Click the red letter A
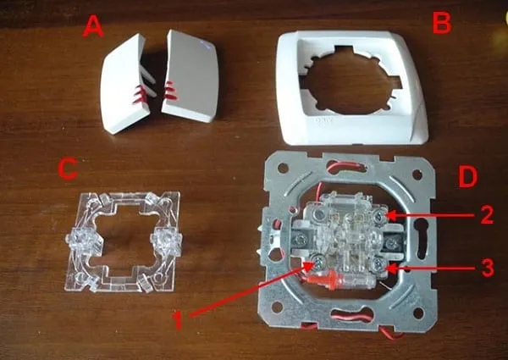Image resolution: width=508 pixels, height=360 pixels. point(93,26)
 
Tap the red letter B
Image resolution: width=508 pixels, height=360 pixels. point(442,23)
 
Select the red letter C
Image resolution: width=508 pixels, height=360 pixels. point(68,169)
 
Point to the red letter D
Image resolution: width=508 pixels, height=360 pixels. point(468,178)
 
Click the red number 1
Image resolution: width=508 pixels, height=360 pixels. point(178,319)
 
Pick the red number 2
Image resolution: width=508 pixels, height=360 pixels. point(487,214)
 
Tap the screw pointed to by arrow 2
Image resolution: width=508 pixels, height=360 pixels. point(378,214)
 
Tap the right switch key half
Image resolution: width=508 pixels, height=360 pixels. point(191,76)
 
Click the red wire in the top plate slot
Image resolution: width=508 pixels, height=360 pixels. point(346,165)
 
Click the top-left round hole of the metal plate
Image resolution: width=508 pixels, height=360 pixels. point(283,169)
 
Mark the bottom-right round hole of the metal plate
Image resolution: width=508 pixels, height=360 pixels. point(418,313)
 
